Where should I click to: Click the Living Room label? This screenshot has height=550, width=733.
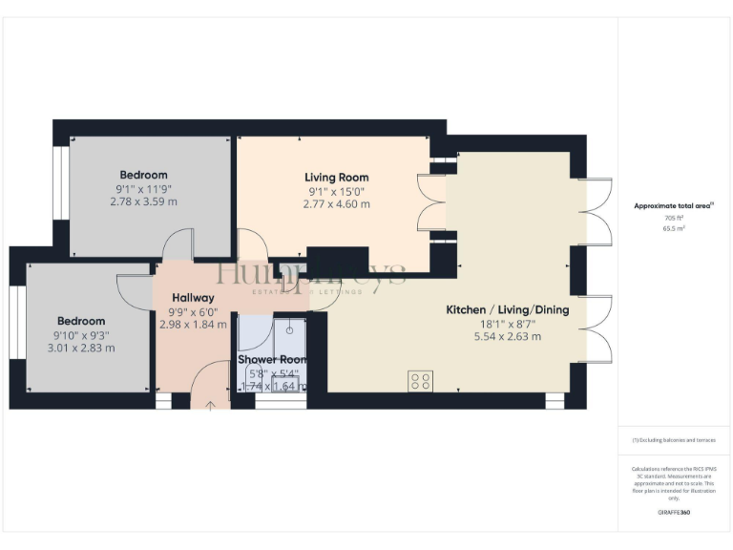pos(336,178)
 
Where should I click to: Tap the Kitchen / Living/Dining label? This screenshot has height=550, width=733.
pos(508,310)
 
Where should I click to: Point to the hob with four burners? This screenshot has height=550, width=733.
pos(421,381)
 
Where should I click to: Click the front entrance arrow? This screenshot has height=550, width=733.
pos(211,404)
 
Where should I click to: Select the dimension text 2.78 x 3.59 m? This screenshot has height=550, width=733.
pos(143,201)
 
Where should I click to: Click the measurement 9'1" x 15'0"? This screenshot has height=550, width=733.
pos(336,191)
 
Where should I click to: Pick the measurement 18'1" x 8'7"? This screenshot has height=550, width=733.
pos(508,324)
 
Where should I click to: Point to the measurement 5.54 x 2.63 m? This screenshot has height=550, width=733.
pos(508,337)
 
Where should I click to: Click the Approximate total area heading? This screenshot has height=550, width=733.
pos(674,206)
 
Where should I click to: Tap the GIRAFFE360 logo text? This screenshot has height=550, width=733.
pos(674,513)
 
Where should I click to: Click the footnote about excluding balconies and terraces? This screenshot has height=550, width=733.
pos(674,440)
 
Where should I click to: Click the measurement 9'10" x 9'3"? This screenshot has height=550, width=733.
pos(82,334)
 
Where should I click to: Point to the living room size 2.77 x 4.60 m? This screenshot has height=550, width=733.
pos(336,204)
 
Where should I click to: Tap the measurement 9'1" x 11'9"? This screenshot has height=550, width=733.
pos(143,188)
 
